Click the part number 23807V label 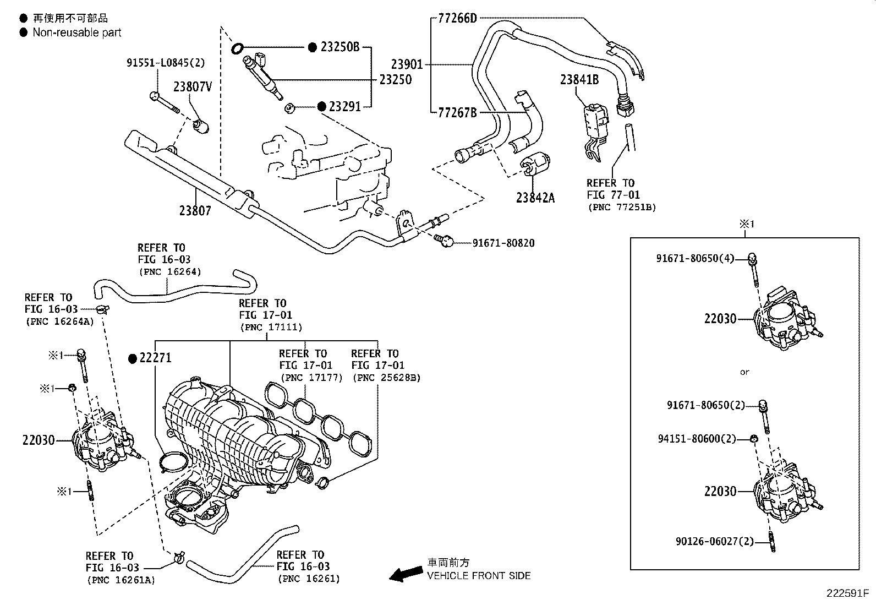[193, 86]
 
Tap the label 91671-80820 [503, 243]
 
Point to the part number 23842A [535, 197]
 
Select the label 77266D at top [457, 18]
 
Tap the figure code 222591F [847, 594]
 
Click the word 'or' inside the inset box [744, 372]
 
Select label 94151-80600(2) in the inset [697, 439]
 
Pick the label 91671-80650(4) [695, 258]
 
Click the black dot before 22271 [132, 358]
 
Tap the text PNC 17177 [311, 378]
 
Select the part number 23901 [407, 64]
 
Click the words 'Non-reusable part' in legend [77, 32]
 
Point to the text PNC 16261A [121, 580]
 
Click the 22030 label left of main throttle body [39, 440]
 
